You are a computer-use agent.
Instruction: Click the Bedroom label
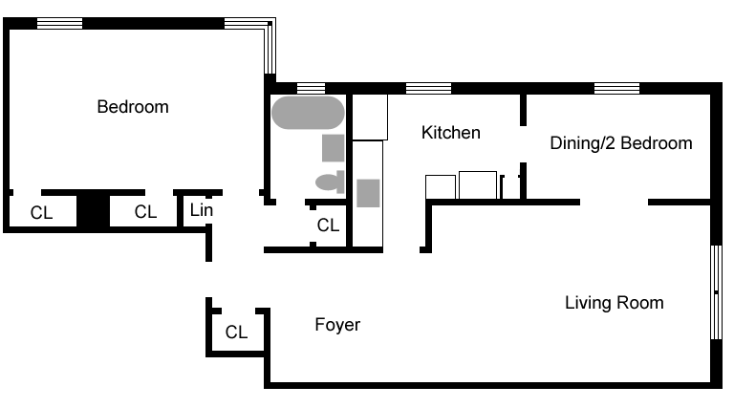click(x=133, y=107)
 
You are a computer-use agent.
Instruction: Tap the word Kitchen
click(x=450, y=133)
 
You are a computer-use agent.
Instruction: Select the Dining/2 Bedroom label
click(x=620, y=143)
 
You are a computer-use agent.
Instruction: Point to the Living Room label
click(x=614, y=303)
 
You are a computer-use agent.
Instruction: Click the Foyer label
click(x=337, y=325)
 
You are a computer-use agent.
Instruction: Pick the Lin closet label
click(x=200, y=209)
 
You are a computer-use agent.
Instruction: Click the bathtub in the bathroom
click(x=308, y=113)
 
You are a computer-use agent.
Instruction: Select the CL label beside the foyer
click(x=236, y=333)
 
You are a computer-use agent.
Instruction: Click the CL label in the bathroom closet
click(x=328, y=225)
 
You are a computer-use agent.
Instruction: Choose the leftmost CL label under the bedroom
click(x=41, y=212)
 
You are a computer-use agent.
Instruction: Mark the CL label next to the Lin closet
click(x=145, y=212)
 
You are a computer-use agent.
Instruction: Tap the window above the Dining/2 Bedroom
click(x=616, y=89)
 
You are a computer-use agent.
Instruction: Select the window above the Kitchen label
click(x=428, y=89)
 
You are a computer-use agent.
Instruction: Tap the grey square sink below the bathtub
click(x=333, y=149)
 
